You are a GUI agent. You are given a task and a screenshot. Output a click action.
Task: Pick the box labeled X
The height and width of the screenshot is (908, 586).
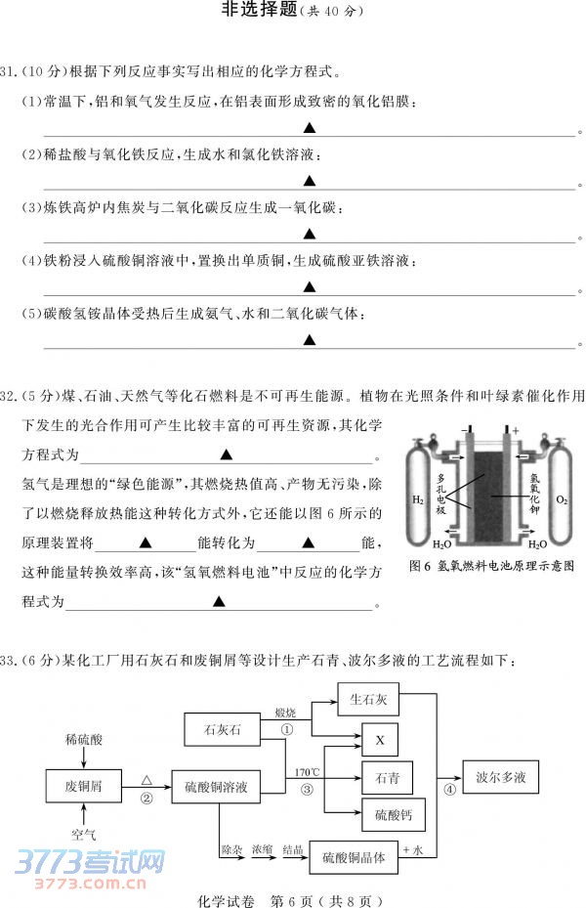380,740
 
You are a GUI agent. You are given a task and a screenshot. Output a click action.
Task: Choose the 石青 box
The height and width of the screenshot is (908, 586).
387,777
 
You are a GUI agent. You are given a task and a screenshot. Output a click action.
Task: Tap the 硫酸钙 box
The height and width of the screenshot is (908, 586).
387,814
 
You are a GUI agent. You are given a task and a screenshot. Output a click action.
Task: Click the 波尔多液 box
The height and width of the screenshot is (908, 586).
500,777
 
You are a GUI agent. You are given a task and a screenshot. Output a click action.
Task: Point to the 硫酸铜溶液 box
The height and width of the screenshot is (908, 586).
223,786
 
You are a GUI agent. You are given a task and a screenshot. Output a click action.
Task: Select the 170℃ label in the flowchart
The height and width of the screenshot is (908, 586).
306,773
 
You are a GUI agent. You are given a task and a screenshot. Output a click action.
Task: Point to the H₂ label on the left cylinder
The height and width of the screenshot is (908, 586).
417,499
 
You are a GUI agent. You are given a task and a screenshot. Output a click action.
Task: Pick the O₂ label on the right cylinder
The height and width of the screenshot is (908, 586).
561,499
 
